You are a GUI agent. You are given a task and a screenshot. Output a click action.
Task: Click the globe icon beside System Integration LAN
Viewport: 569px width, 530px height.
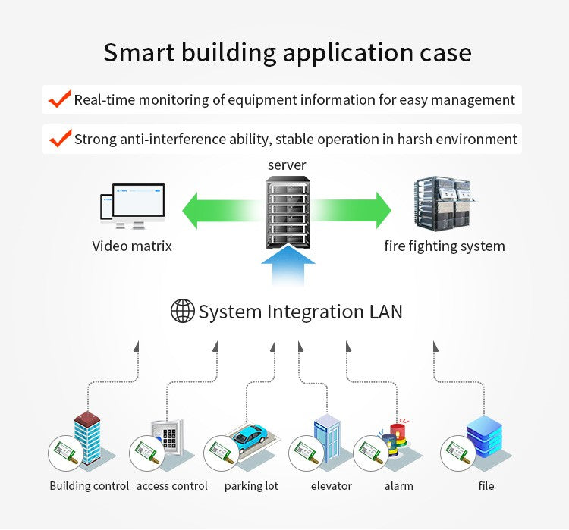pyautogui.click(x=183, y=311)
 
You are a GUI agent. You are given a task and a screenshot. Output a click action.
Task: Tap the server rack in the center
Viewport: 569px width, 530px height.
pyautogui.click(x=288, y=212)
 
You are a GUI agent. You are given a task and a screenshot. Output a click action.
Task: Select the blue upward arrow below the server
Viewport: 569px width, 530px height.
pyautogui.click(x=288, y=265)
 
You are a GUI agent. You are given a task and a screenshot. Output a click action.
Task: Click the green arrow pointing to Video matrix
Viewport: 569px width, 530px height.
pyautogui.click(x=221, y=210)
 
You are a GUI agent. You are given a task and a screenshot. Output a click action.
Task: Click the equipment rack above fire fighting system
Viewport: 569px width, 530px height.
pyautogui.click(x=445, y=203)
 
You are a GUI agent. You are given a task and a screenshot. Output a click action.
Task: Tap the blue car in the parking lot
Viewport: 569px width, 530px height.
pyautogui.click(x=250, y=437)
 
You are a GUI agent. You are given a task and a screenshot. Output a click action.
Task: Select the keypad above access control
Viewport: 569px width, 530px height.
pyautogui.click(x=169, y=437)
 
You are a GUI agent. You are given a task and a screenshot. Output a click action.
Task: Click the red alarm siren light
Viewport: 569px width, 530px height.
pyautogui.click(x=399, y=431)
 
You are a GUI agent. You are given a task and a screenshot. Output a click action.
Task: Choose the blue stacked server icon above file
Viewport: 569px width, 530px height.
pyautogui.click(x=484, y=437)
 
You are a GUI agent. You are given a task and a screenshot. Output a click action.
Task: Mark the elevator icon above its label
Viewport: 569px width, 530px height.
pyautogui.click(x=327, y=438)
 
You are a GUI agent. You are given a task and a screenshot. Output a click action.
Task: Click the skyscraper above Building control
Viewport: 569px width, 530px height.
pyautogui.click(x=87, y=437)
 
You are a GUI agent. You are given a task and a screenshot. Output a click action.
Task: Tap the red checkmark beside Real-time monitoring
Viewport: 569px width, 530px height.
pyautogui.click(x=59, y=99)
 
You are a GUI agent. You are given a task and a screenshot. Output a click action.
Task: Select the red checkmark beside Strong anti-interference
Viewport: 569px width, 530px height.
pyautogui.click(x=60, y=138)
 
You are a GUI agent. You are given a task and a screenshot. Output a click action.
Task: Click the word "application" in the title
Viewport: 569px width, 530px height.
pyautogui.click(x=348, y=53)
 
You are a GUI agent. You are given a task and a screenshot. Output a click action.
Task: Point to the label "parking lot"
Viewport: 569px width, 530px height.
pyautogui.click(x=251, y=486)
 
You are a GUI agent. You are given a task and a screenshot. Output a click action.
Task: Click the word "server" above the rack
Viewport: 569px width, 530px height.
pyautogui.click(x=287, y=165)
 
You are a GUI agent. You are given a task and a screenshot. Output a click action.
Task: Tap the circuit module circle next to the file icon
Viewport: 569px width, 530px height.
pyautogui.click(x=458, y=453)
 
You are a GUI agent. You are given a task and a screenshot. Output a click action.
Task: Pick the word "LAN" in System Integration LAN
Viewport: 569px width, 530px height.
pyautogui.click(x=385, y=312)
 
